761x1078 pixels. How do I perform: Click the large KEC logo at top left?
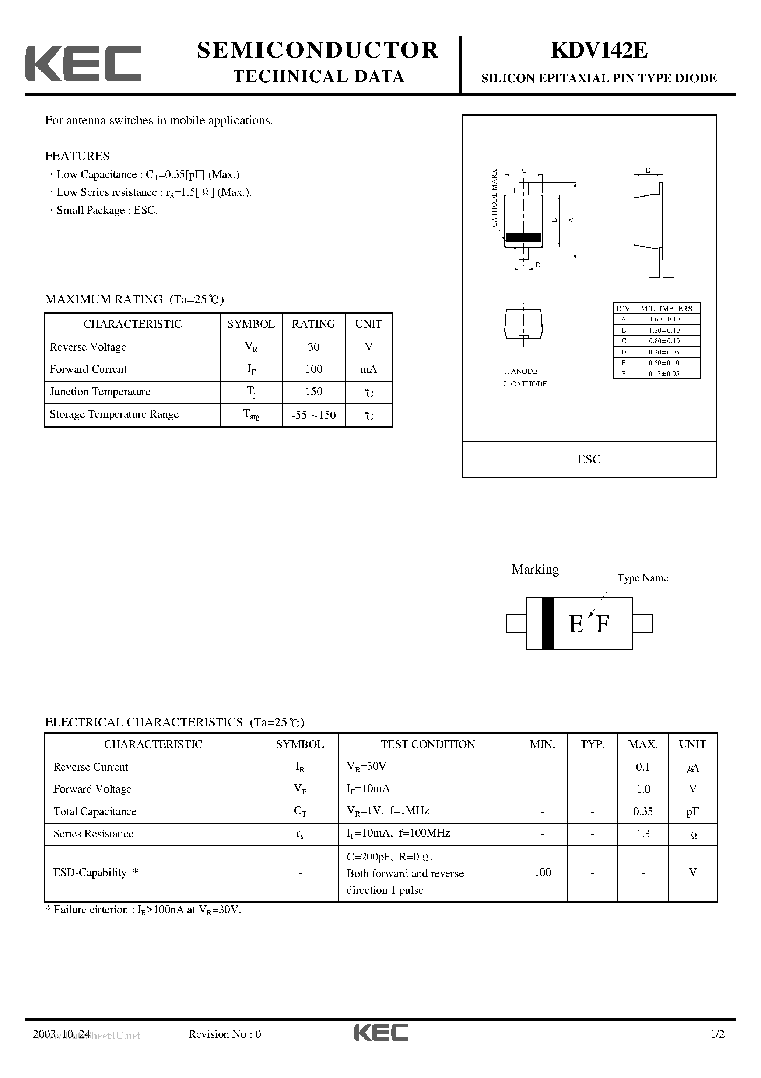[x=83, y=64]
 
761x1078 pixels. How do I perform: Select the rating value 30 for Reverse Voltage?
[x=313, y=347]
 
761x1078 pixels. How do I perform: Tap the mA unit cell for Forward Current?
[x=368, y=369]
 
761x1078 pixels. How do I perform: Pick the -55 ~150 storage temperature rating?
[x=313, y=415]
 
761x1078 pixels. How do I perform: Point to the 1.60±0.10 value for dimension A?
[x=664, y=319]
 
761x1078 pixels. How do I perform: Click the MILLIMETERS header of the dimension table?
[x=666, y=309]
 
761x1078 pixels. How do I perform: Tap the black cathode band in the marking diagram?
[x=547, y=623]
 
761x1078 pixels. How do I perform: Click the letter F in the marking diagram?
[x=602, y=625]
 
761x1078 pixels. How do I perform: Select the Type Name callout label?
[x=642, y=578]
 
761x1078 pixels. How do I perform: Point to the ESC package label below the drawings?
[x=589, y=459]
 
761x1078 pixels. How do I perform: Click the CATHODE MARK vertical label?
[x=494, y=198]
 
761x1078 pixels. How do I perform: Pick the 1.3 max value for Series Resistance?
[x=643, y=833]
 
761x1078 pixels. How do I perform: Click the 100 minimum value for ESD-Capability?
[x=542, y=872]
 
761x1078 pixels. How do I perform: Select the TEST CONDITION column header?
[x=428, y=744]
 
